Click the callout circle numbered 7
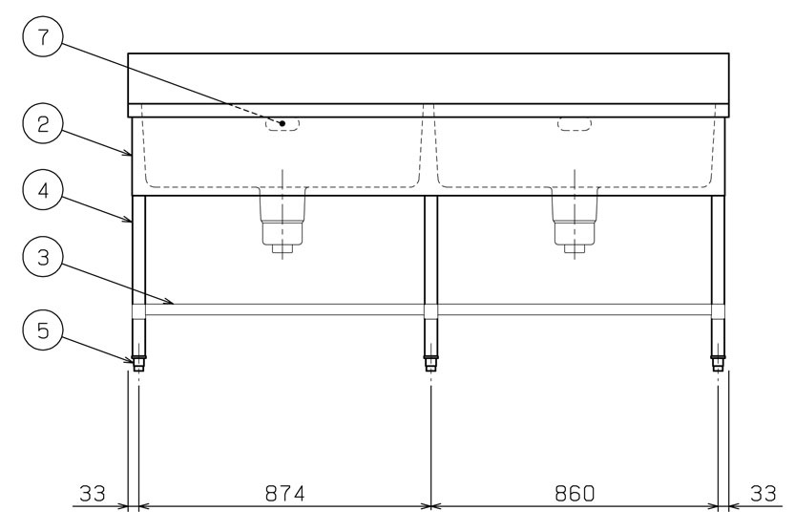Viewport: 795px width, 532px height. [43, 36]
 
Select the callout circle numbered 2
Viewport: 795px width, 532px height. [43, 124]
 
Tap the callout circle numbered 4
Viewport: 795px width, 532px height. [43, 190]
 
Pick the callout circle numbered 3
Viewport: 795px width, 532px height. [43, 257]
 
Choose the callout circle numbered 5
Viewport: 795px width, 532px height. [43, 330]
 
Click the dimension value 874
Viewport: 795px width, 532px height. [284, 493]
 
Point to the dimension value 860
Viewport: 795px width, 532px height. [575, 493]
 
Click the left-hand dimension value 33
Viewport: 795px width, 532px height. [93, 493]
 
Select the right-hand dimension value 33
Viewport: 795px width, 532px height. [764, 493]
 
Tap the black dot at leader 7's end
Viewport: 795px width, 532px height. [282, 123]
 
